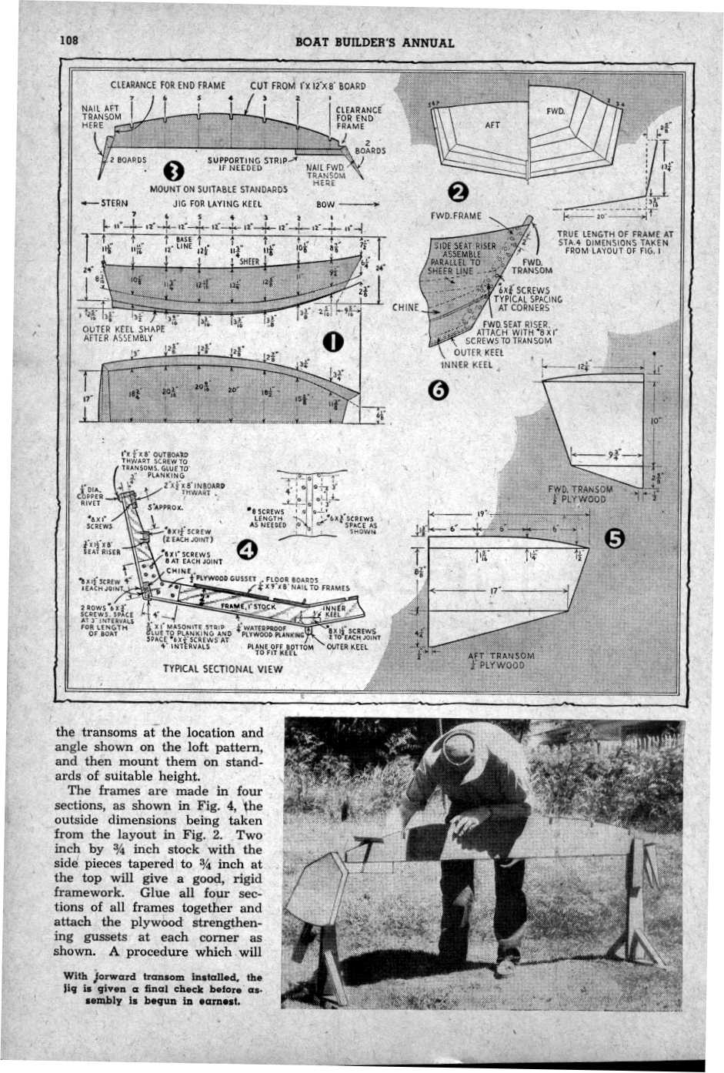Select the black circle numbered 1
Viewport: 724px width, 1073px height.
[x=332, y=343]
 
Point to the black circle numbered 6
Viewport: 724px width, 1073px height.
[x=439, y=391]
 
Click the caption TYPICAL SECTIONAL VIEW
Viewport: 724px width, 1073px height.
[x=223, y=669]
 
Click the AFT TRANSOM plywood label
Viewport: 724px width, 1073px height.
[x=496, y=660]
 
